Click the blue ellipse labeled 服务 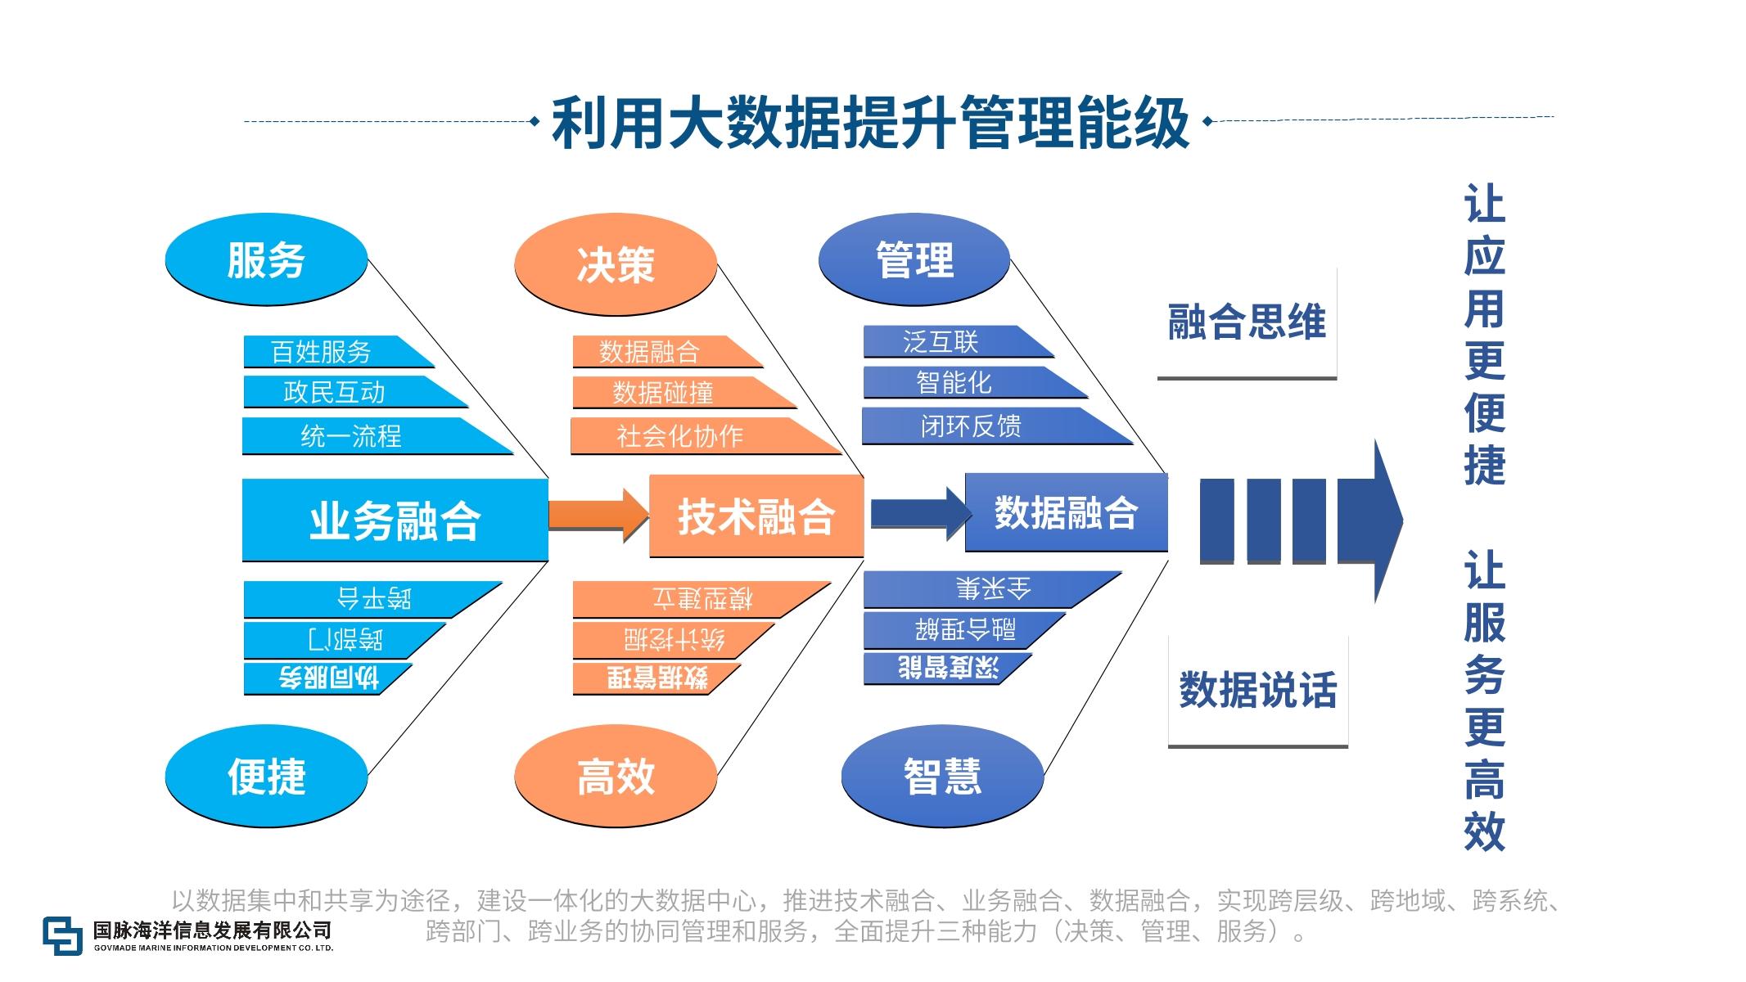(x=266, y=260)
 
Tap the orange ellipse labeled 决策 (x=616, y=264)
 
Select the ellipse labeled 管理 (x=914, y=260)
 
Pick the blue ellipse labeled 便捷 (x=266, y=775)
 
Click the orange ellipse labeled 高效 (x=616, y=775)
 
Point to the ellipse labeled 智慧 (x=942, y=775)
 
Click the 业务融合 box (x=395, y=520)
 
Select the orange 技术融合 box (x=756, y=516)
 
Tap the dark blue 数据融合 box (x=1066, y=513)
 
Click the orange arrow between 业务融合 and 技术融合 (x=598, y=515)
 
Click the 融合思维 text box (x=1246, y=322)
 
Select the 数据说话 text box (x=1257, y=690)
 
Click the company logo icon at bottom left (x=63, y=935)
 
